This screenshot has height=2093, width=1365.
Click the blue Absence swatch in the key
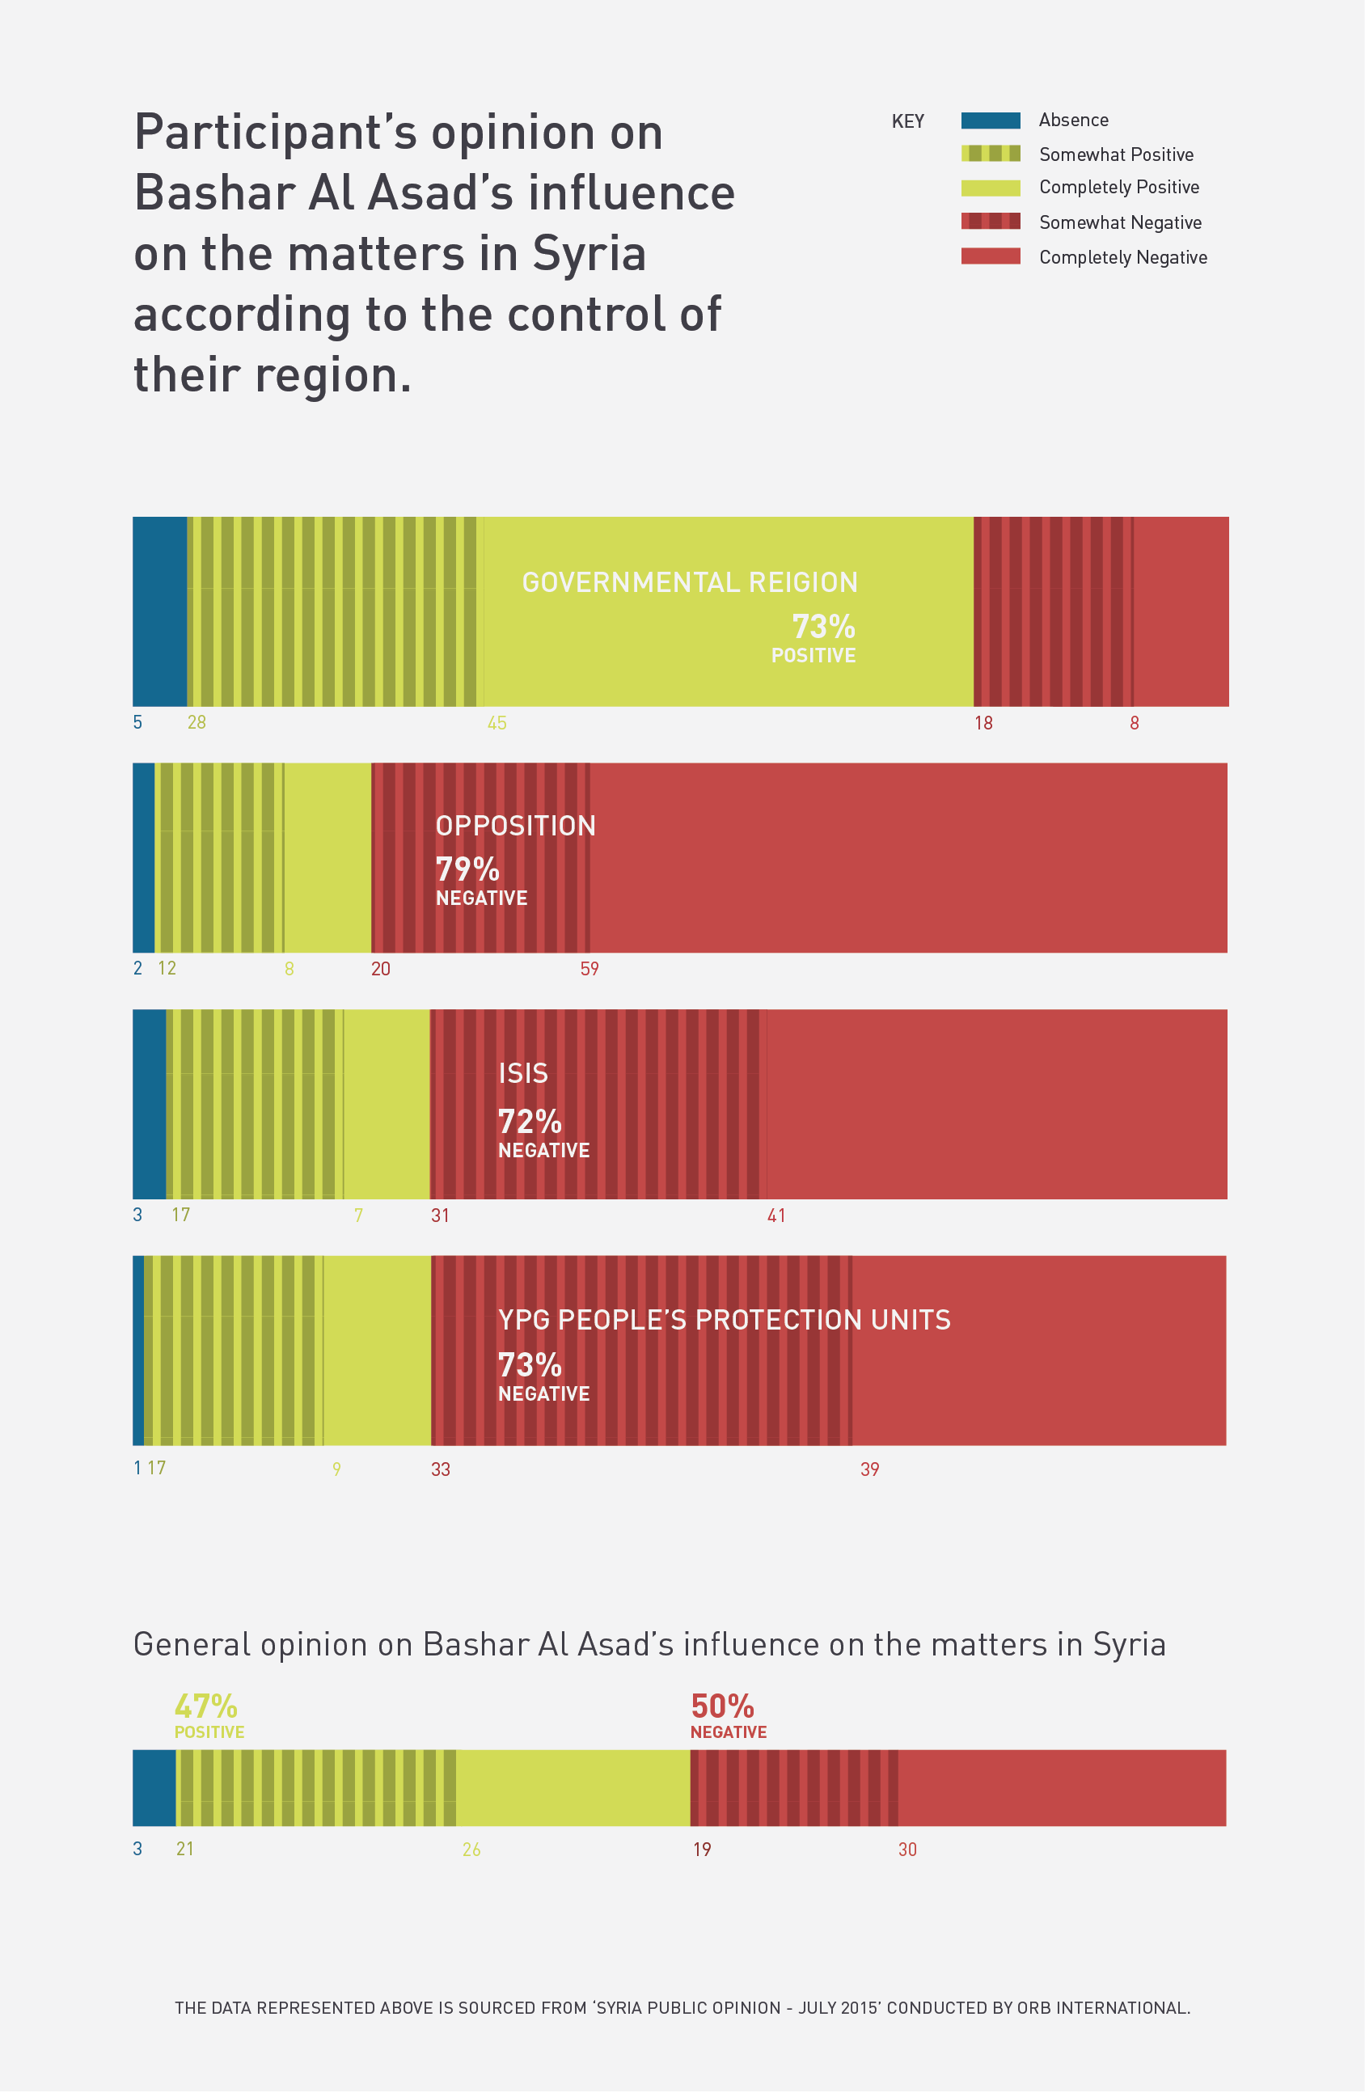(x=991, y=121)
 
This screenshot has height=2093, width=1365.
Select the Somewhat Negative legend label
(x=1120, y=222)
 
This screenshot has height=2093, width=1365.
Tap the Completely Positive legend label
(x=1118, y=188)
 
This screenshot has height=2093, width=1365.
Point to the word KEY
(x=907, y=121)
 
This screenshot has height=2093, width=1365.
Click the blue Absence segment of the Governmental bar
(x=159, y=611)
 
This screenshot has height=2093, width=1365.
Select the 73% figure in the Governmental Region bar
(x=823, y=627)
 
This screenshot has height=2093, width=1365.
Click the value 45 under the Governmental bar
(x=497, y=723)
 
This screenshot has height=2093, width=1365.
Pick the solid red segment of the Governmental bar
(x=1181, y=611)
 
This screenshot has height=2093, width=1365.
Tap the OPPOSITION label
(x=515, y=826)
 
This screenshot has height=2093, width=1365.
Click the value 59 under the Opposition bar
(x=590, y=969)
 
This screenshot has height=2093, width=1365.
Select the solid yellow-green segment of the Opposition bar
(x=328, y=857)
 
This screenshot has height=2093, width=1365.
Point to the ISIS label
(x=522, y=1074)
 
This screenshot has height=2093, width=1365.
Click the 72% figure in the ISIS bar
(x=530, y=1123)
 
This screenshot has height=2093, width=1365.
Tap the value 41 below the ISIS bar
(x=775, y=1216)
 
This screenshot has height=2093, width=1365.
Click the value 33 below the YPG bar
(x=440, y=1469)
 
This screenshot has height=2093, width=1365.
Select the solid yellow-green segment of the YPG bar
(x=378, y=1350)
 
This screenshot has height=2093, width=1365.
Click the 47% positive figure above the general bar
(x=206, y=1707)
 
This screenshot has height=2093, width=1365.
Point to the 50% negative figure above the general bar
(x=722, y=1707)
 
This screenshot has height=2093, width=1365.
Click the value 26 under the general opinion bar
(x=471, y=1850)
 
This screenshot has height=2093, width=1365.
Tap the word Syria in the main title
(x=590, y=254)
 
